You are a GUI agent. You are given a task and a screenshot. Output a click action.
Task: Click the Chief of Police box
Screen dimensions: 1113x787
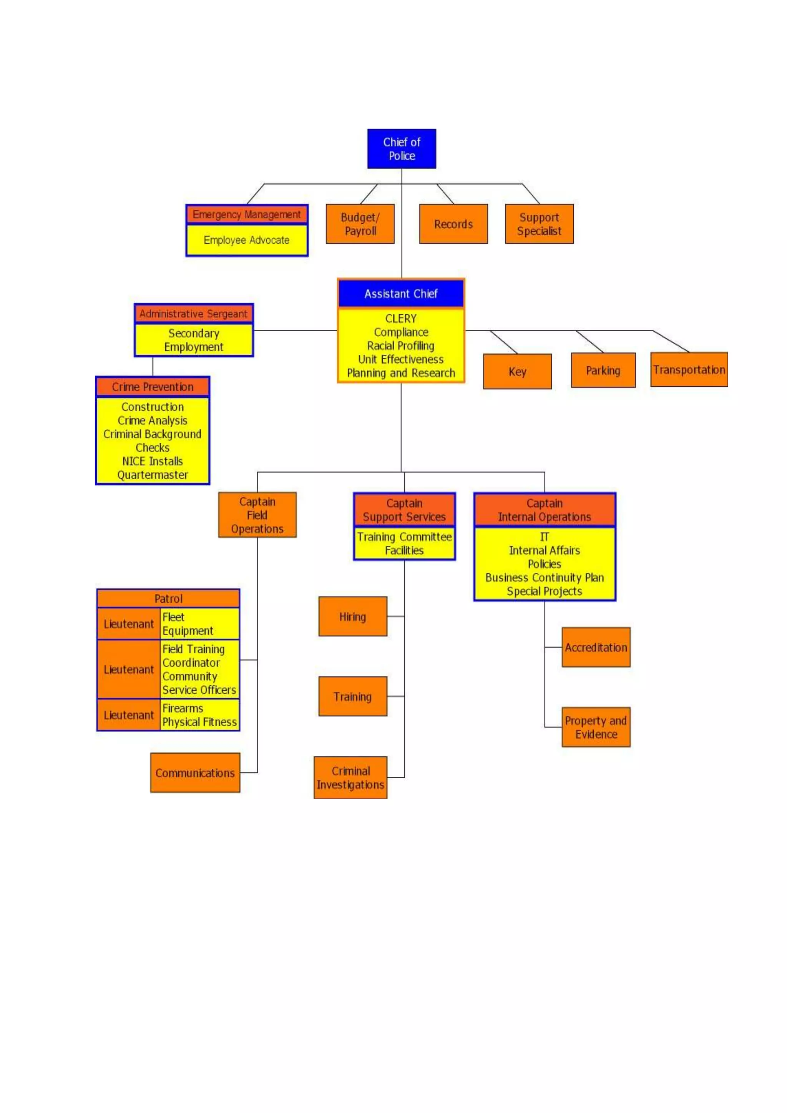pos(401,149)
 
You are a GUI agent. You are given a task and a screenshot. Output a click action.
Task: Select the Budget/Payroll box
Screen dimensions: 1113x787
pos(360,224)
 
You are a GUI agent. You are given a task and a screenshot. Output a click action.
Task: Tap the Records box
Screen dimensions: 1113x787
pos(453,224)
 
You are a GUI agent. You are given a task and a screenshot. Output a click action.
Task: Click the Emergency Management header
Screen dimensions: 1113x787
pos(247,214)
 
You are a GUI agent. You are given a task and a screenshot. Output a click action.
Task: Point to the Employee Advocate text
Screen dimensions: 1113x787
pos(247,240)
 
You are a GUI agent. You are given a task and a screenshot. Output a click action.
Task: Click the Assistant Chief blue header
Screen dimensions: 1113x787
pos(401,294)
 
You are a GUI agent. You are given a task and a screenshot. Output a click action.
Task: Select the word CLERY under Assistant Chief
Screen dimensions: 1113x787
pos(401,319)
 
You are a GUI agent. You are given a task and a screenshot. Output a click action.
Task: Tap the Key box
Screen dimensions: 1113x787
pos(517,372)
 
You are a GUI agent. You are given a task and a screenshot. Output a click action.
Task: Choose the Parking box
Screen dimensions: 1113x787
pos(603,371)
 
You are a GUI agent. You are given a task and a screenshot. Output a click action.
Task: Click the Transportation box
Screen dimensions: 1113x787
pos(689,370)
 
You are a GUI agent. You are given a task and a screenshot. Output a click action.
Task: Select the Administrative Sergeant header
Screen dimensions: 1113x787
pos(193,314)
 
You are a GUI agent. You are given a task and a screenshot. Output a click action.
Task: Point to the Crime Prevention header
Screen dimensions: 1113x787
pos(153,387)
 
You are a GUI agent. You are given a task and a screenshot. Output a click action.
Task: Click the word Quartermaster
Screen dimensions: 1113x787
pos(153,475)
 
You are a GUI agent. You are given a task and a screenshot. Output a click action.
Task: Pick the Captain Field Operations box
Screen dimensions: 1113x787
pos(257,515)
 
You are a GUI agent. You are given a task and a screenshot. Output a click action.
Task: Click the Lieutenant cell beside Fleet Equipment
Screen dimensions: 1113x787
pos(128,624)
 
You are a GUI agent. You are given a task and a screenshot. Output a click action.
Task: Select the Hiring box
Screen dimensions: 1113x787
pos(352,616)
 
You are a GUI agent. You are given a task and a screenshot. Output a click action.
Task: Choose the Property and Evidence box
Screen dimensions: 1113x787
pos(596,727)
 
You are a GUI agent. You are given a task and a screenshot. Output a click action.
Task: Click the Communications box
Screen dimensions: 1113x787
pos(195,773)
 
